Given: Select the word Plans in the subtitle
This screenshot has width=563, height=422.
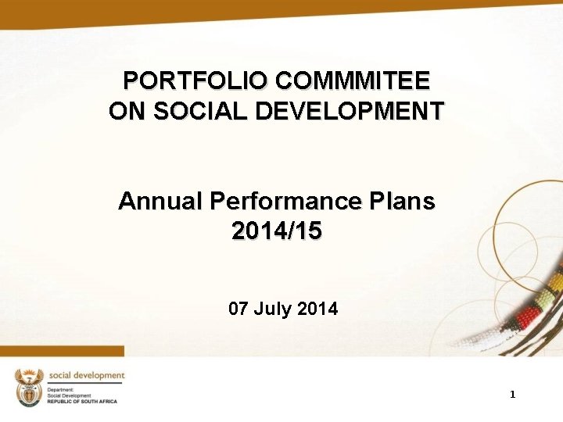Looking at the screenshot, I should [404, 202].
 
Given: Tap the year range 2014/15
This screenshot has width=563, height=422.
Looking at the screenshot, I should [277, 231].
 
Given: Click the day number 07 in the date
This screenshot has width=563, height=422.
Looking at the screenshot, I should [238, 309].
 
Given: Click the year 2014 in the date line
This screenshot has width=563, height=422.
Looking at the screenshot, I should [318, 309].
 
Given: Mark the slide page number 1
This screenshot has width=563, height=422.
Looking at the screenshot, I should [512, 395].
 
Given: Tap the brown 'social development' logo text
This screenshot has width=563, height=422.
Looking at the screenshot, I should [85, 376].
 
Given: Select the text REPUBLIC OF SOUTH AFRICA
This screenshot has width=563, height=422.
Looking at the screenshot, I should [82, 402].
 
